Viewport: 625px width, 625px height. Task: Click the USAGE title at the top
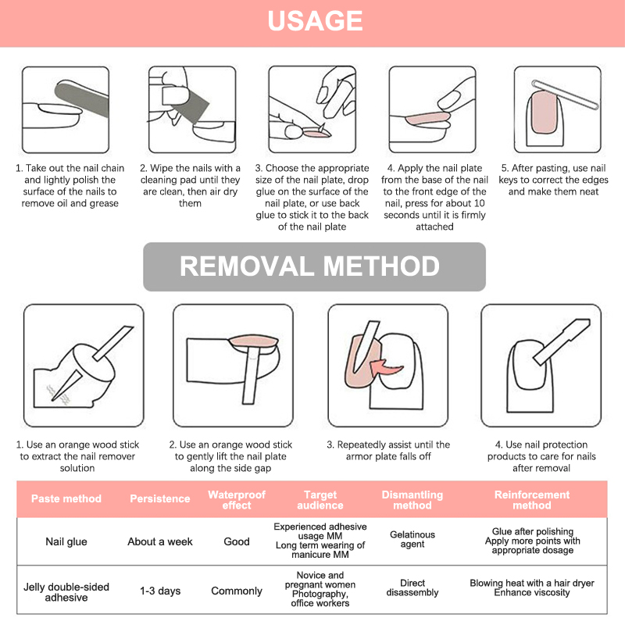click(x=315, y=21)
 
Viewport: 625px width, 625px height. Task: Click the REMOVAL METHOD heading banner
click(x=314, y=266)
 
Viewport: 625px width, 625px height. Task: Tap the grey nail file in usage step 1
click(x=82, y=98)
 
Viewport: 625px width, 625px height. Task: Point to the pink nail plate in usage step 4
click(x=427, y=119)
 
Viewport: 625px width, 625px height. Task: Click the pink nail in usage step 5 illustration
click(x=544, y=112)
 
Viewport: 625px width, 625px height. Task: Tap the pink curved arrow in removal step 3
click(x=385, y=368)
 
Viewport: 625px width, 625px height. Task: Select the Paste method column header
click(x=66, y=498)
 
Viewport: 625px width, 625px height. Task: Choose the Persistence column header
click(x=160, y=498)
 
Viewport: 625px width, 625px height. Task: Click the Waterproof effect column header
click(x=237, y=500)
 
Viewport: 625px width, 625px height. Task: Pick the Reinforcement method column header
click(x=532, y=500)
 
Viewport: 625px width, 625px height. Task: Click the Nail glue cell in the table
click(x=66, y=541)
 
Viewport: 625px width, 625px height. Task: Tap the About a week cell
click(x=160, y=541)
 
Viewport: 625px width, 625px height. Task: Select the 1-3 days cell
click(x=160, y=591)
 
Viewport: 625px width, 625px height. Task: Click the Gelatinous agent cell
click(x=412, y=539)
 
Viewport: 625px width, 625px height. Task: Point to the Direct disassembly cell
click(x=412, y=587)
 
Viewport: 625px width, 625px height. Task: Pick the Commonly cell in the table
click(x=237, y=591)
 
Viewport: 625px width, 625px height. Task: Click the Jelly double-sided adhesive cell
click(x=66, y=592)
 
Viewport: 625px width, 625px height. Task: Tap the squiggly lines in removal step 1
click(x=56, y=395)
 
